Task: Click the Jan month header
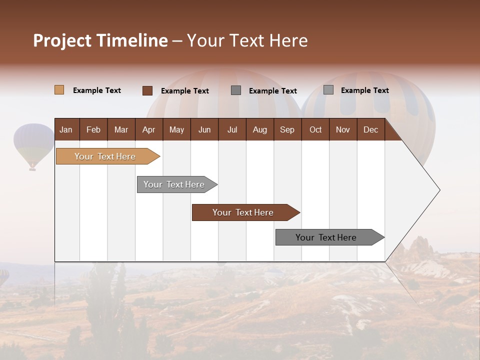point(66,129)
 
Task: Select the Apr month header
point(148,129)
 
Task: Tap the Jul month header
point(232,129)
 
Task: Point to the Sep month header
point(287,129)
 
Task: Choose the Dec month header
point(370,129)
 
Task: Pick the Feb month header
point(93,129)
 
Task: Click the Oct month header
point(315,129)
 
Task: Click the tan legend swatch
point(59,90)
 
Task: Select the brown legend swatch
point(147,90)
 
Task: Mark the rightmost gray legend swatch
point(328,90)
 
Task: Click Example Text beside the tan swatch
point(97,90)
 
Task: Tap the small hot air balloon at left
point(33,145)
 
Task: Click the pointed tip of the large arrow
point(438,190)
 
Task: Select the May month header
point(176,129)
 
